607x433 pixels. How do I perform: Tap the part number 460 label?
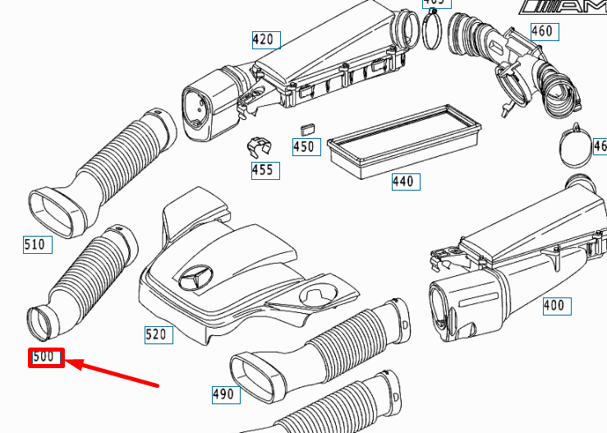(x=542, y=32)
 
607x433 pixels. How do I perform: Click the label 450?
(x=304, y=147)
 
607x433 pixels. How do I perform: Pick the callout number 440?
(x=403, y=181)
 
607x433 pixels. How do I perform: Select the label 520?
(x=155, y=334)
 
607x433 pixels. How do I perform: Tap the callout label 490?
(x=223, y=394)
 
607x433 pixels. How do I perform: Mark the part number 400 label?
(x=554, y=306)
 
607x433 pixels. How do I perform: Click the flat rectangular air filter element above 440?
(x=403, y=140)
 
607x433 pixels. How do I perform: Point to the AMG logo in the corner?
(x=566, y=7)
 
